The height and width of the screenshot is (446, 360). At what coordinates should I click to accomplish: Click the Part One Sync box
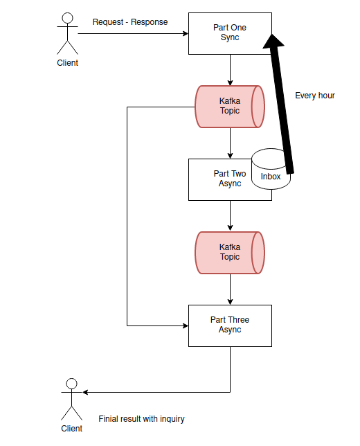click(230, 33)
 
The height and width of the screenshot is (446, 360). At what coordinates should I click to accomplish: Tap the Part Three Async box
click(230, 325)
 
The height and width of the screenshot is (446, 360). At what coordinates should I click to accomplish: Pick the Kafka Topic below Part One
click(230, 107)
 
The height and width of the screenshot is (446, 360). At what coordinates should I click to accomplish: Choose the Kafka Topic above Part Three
click(230, 253)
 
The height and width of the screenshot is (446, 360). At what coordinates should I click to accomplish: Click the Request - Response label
click(130, 22)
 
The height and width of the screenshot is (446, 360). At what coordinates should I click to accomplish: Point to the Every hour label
click(315, 96)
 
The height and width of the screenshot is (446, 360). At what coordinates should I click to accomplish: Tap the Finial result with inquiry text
click(141, 419)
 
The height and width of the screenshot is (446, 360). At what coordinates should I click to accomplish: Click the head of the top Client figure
click(67, 18)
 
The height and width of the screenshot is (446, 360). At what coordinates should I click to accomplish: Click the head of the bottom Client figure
click(72, 384)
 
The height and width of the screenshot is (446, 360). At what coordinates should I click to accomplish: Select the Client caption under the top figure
click(67, 62)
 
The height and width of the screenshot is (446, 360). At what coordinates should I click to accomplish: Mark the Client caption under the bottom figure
click(72, 429)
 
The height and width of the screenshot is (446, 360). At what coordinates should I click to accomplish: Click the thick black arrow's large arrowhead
click(273, 42)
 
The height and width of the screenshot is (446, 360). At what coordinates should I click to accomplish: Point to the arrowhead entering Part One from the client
click(186, 33)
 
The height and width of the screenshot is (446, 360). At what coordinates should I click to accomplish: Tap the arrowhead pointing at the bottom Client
click(85, 392)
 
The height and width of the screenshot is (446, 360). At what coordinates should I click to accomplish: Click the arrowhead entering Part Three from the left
click(186, 325)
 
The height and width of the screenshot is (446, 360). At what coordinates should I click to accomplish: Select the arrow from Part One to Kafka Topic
click(230, 70)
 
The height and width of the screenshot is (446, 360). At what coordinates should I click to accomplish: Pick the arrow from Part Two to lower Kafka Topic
click(230, 216)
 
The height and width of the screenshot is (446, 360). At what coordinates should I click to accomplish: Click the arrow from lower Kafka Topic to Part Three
click(230, 289)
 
